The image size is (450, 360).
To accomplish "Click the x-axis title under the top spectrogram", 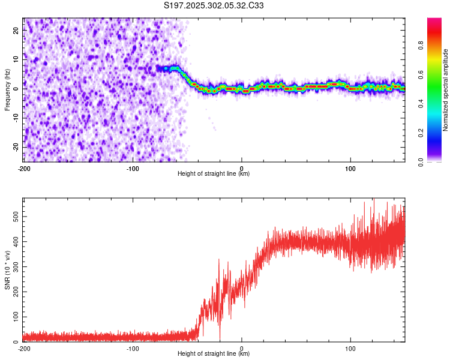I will click(214, 174).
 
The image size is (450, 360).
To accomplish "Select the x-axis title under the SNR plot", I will click(214, 354).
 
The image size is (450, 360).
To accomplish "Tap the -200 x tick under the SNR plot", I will click(24, 348).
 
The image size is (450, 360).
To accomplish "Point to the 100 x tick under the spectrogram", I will click(350, 168).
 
